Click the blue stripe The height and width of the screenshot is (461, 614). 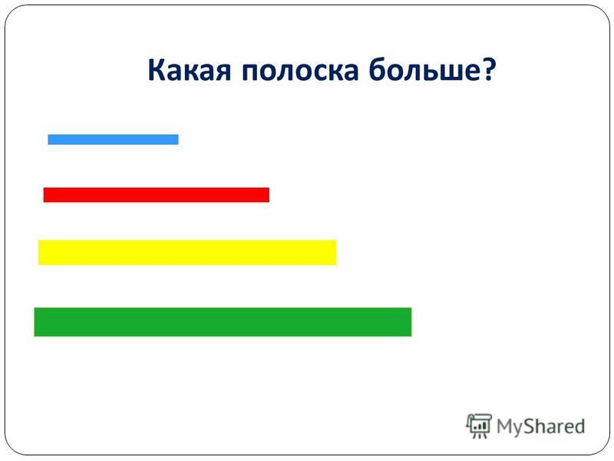[113, 139]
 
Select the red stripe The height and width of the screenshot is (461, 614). [157, 195]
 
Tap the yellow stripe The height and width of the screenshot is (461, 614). [187, 253]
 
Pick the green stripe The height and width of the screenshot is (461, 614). [223, 322]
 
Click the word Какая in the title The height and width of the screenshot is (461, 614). [190, 71]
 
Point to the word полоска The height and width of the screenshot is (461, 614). [300, 71]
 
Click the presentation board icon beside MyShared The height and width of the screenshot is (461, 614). [478, 426]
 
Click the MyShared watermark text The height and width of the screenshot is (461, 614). [540, 426]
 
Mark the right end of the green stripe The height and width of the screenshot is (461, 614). [411, 322]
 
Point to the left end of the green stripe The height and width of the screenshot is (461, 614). [35, 322]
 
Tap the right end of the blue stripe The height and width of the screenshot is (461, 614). [178, 139]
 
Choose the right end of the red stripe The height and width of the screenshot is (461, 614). [269, 195]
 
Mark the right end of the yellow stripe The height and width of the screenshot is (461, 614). [336, 253]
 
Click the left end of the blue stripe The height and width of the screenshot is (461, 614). [48, 139]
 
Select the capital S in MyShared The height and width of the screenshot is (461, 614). [528, 426]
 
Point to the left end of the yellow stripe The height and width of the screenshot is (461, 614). [39, 253]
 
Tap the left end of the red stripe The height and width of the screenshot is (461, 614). [44, 195]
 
